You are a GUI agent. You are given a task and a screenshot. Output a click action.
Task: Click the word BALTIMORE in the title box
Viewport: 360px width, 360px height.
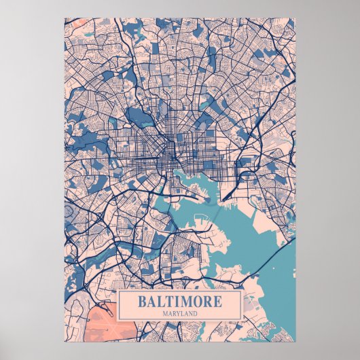[x=179, y=301]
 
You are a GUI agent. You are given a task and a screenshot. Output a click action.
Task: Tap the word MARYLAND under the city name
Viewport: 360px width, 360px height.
[x=179, y=313]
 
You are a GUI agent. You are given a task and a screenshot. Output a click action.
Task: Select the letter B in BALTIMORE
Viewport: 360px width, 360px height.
[x=141, y=301]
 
